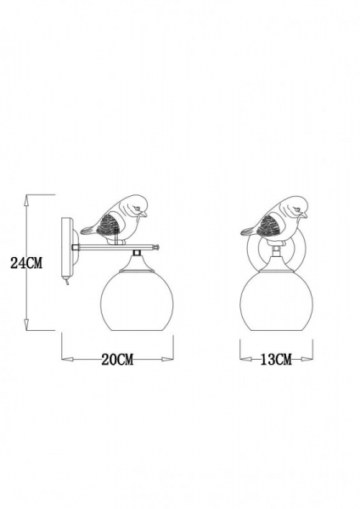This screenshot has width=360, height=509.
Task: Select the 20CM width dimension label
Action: (x=117, y=359)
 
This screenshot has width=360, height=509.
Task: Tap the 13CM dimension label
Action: (x=276, y=359)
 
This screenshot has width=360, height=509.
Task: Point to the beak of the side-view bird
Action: (x=143, y=214)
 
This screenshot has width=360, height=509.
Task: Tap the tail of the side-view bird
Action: (x=87, y=231)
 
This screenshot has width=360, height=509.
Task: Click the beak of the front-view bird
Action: (x=302, y=214)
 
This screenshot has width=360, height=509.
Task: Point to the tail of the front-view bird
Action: (x=248, y=231)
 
